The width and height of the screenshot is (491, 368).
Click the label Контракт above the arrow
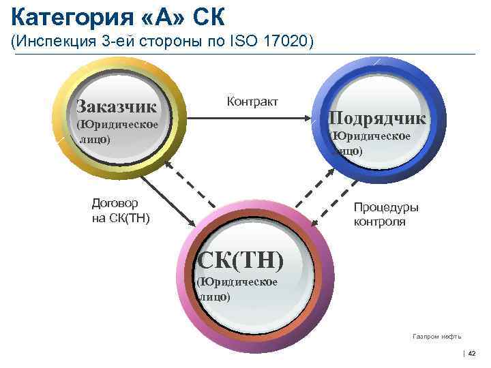pos(252,102)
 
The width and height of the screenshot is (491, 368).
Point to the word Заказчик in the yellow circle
pos(117,106)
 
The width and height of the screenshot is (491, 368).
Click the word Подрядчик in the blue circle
pos(377,118)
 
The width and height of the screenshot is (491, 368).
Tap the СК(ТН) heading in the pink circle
pos(239,260)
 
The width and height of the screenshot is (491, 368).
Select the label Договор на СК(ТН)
pos(120,211)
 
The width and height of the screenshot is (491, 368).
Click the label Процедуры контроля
pos(386,215)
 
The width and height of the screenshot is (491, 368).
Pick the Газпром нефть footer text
pos(436,336)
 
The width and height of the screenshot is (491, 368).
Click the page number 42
pos(471,352)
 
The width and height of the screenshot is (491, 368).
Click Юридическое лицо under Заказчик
pos(117,132)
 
